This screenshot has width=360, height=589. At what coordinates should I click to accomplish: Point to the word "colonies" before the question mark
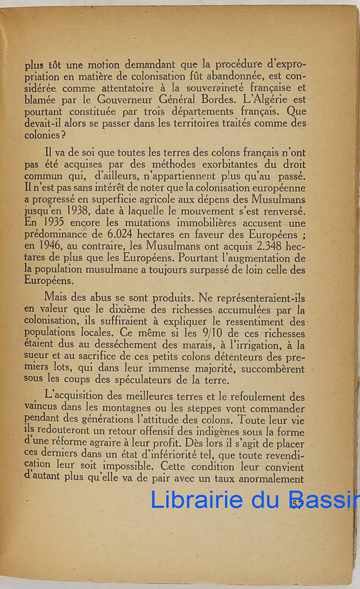click(x=42, y=134)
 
